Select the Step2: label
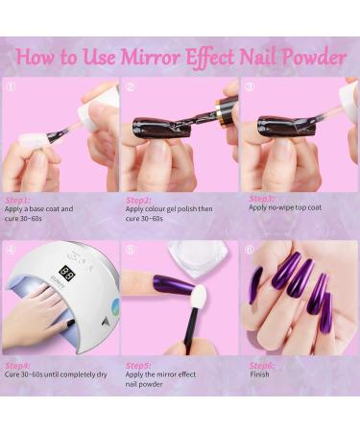point(137,200)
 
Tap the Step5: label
point(137,366)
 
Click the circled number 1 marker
point(12,86)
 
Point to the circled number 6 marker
point(250,250)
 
